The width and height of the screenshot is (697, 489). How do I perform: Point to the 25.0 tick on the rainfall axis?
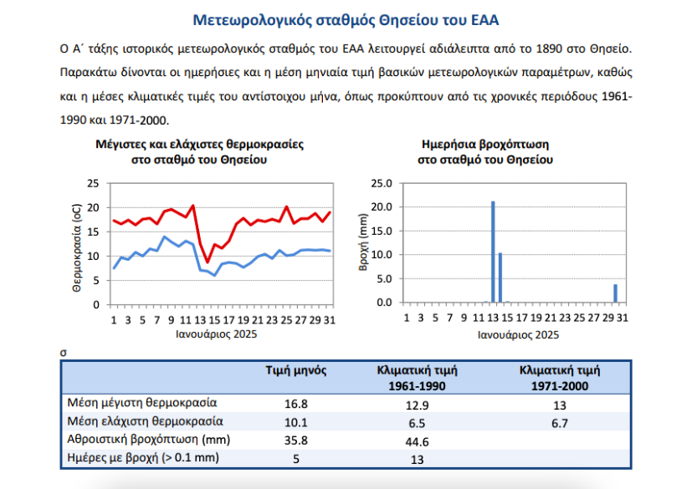click(382, 183)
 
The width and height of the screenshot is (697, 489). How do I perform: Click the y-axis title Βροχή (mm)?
click(363, 242)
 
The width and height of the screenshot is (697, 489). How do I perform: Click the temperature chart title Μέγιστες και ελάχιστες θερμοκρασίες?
click(199, 144)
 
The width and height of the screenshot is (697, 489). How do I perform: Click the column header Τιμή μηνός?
click(296, 370)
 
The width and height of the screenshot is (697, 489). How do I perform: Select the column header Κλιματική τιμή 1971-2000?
click(560, 378)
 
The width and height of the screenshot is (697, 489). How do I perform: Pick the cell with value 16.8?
click(297, 404)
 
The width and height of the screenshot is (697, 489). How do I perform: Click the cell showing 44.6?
click(416, 441)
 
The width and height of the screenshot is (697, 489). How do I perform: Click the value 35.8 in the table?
click(297, 441)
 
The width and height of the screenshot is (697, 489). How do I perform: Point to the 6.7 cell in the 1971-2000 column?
click(560, 423)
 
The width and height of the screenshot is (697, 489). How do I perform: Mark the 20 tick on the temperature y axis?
click(93, 207)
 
